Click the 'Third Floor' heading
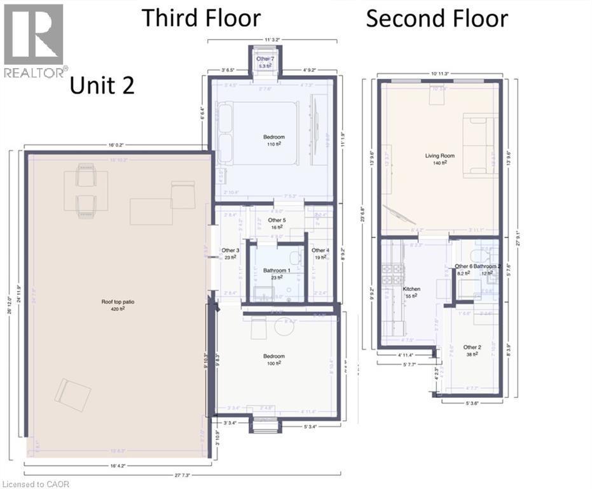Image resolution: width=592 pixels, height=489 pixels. pos(201,18)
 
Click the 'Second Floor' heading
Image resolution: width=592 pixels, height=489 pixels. pos(437,18)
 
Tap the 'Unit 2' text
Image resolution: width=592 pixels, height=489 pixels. pos(102,85)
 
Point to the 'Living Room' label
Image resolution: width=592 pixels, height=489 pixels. pos(437,155)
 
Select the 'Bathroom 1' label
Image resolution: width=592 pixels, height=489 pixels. pos(276,270)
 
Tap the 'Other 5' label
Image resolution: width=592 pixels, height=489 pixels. pos(277,220)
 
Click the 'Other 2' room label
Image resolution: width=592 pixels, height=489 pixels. pos(471,347)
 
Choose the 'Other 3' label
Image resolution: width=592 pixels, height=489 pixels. pos(230,250)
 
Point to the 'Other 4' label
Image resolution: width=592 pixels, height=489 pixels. pos(320,250)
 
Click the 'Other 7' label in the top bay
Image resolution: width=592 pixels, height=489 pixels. pos(265,59)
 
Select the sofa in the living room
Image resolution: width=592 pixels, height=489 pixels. pos(479,145)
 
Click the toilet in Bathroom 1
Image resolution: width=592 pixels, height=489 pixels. pos(296,258)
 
